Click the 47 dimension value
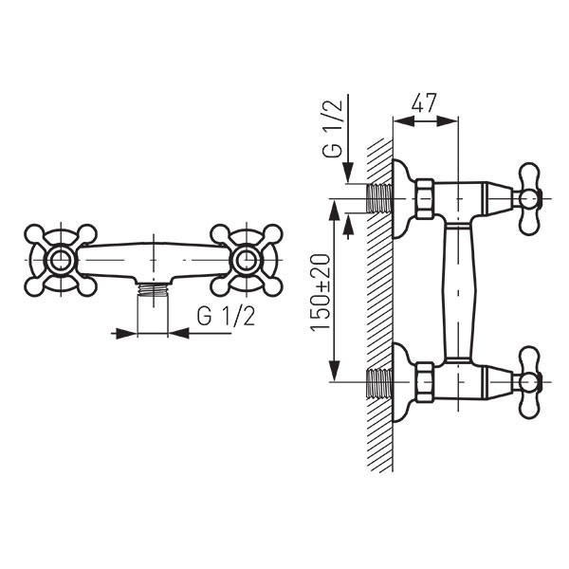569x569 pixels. (x=424, y=102)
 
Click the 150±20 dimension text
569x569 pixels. (x=321, y=293)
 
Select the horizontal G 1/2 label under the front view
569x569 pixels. (x=226, y=316)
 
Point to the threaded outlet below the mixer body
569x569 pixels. (x=153, y=290)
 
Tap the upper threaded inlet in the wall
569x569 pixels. (x=380, y=198)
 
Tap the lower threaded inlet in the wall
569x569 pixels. (x=380, y=382)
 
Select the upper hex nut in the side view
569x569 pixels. (x=425, y=199)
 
